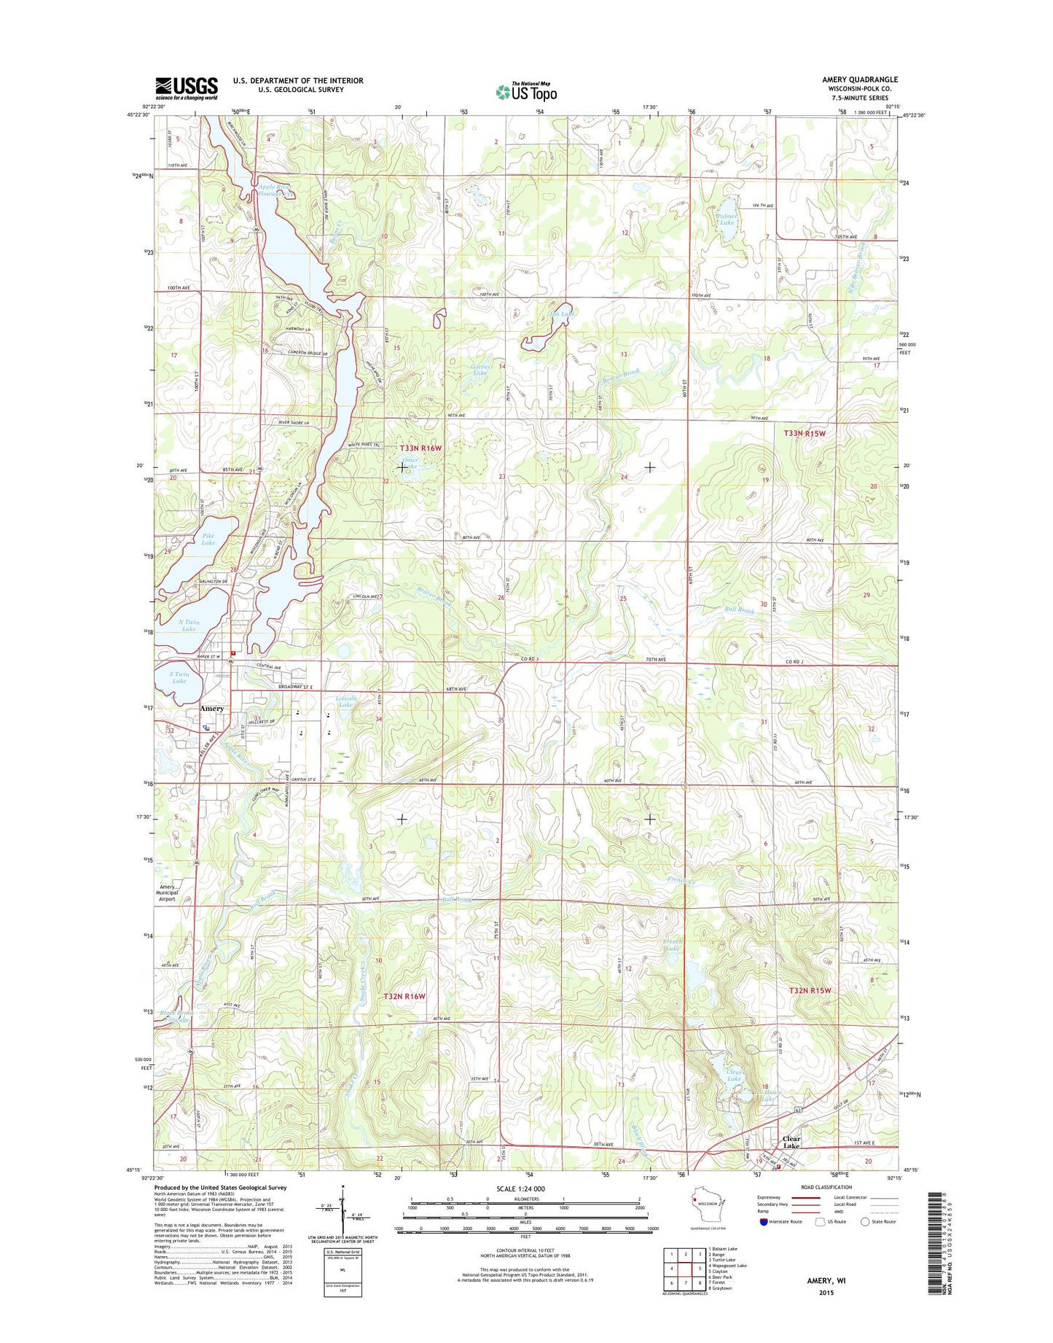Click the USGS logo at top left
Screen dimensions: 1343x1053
point(186,87)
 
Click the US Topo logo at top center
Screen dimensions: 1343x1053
point(526,92)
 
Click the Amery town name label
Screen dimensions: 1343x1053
point(212,709)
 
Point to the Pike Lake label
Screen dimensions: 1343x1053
point(208,540)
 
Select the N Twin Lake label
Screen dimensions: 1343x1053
point(189,626)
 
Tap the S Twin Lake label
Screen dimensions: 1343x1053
point(179,677)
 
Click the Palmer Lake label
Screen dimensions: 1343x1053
point(727,219)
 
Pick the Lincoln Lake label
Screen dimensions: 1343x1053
point(345,701)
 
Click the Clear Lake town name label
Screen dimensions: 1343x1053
point(791,1142)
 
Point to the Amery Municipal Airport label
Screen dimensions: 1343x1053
point(167,893)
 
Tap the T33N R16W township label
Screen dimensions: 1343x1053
point(420,448)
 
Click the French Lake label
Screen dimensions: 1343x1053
point(672,945)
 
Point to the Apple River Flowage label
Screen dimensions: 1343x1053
point(275,191)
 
